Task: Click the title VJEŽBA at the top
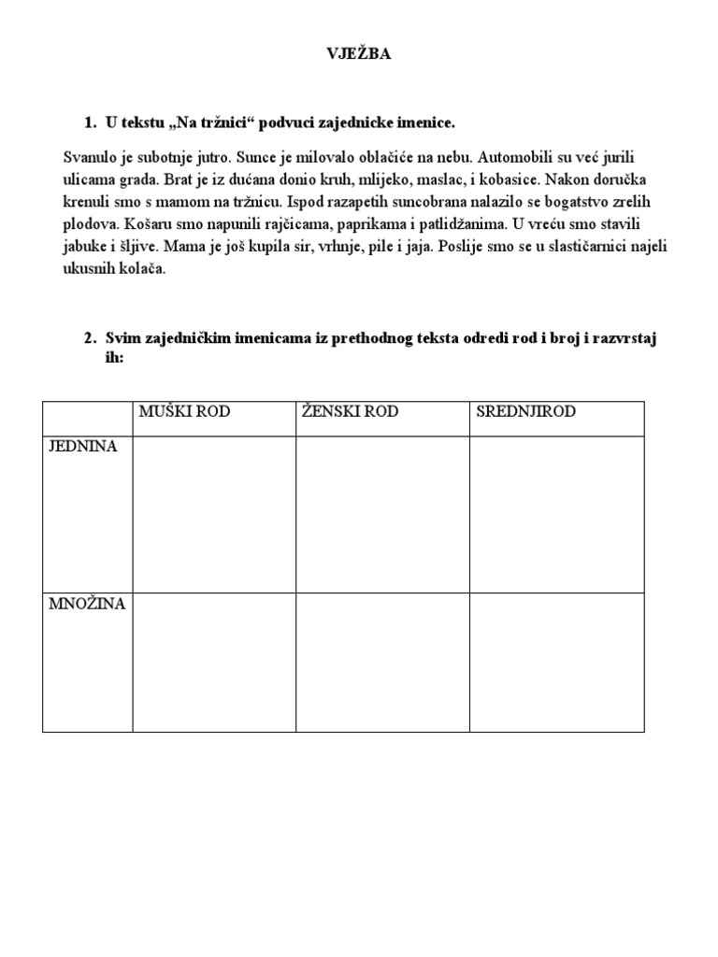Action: pos(359,54)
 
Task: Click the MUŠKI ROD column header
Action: pos(184,412)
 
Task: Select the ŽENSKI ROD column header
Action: pos(350,412)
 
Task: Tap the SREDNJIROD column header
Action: pos(526,412)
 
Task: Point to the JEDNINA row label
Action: pos(84,447)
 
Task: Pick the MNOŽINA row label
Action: pos(87,604)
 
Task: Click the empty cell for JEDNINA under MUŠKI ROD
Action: pos(213,514)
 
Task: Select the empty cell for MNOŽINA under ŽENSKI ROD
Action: pos(382,662)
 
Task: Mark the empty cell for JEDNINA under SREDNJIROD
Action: pos(556,514)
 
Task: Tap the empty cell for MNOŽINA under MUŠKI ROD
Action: pos(213,662)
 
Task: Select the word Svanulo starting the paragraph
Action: pos(90,156)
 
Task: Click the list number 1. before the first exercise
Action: pos(90,122)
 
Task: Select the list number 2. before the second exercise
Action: pos(90,338)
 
